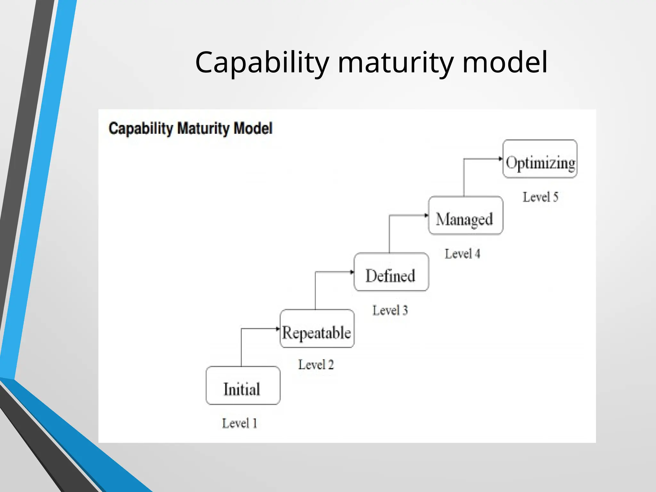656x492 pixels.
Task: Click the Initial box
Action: pos(243,386)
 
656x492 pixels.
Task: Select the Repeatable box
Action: pos(317,329)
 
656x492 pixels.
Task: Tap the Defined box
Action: pos(391,272)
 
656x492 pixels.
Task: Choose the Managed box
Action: pos(465,216)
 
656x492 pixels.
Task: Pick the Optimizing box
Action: pos(540,159)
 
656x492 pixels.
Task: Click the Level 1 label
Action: pos(240,423)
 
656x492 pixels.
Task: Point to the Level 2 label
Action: pos(316,365)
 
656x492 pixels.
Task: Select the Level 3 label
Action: pos(390,310)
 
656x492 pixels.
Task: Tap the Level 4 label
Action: pos(462,254)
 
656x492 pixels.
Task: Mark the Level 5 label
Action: pos(540,197)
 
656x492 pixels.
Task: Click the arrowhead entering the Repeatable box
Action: pos(278,329)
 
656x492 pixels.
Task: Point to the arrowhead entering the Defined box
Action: pos(352,272)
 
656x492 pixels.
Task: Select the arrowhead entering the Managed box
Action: pos(426,215)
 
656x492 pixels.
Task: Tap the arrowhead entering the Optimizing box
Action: pos(501,159)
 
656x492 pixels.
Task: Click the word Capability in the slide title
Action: pos(262,62)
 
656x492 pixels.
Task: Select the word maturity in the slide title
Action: pos(396,62)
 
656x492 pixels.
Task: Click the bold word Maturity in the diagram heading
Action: pos(203,128)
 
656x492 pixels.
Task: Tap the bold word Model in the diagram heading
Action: pos(253,128)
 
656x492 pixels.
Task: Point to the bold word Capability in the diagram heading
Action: pos(141,128)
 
